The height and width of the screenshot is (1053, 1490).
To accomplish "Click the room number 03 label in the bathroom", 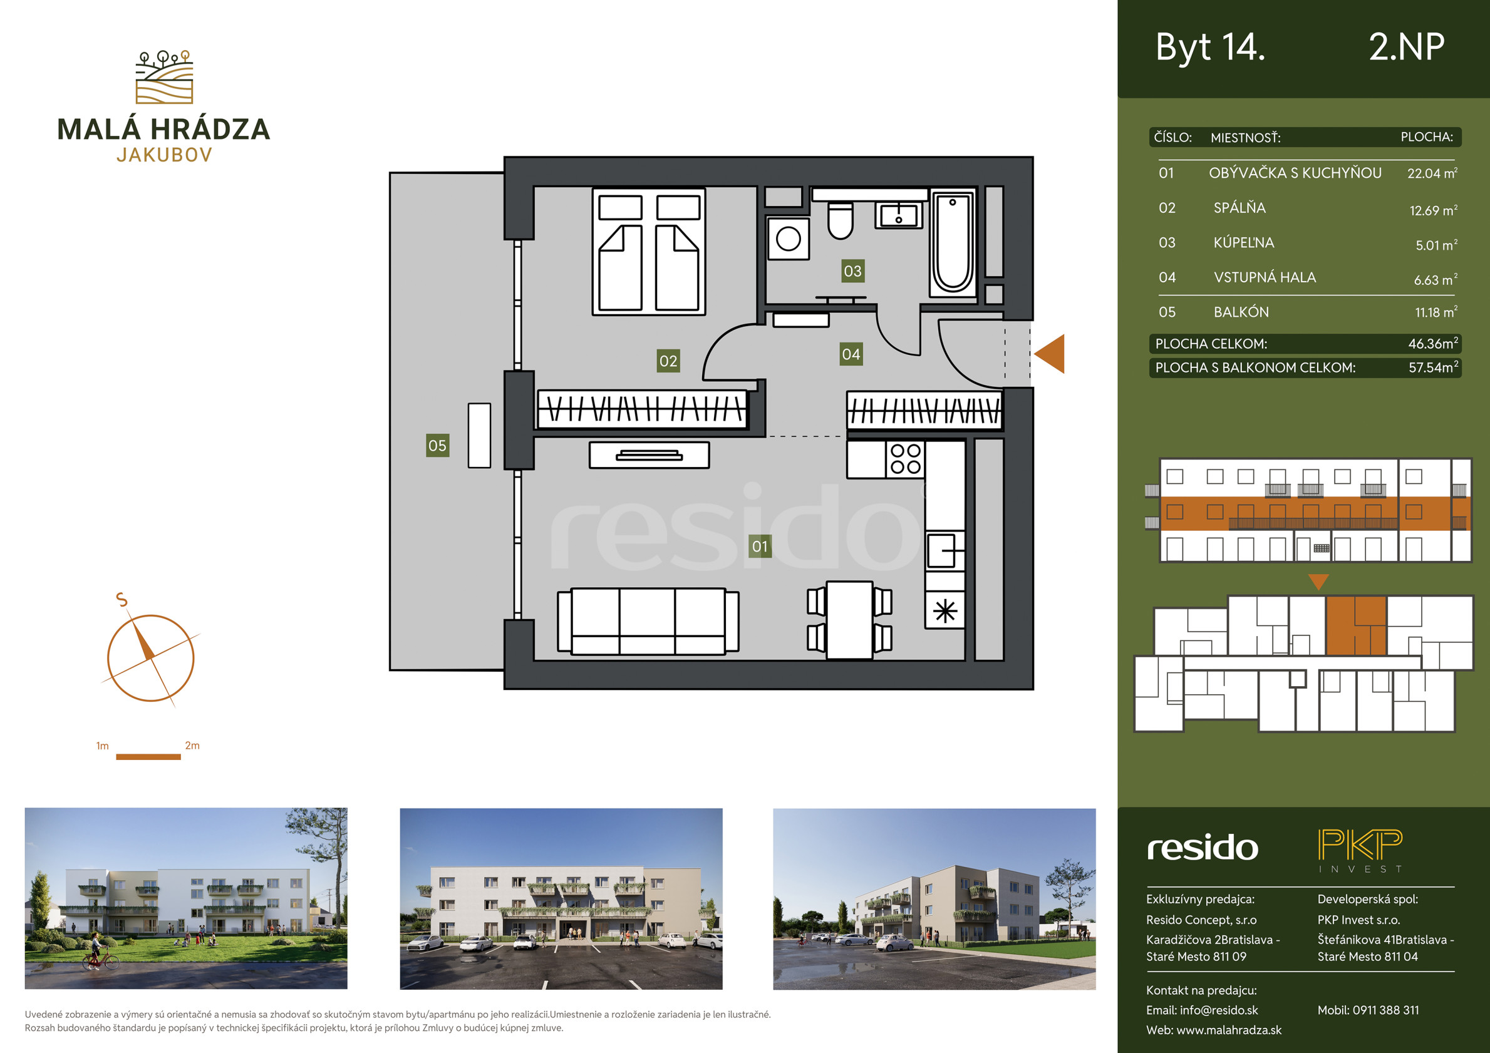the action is [852, 270].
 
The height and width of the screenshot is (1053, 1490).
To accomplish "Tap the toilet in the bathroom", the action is [841, 220].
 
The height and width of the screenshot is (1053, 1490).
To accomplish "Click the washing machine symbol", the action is [788, 238].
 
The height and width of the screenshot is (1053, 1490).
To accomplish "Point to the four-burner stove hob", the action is [905, 459].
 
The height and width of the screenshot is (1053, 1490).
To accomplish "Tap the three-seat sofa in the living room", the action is [648, 621].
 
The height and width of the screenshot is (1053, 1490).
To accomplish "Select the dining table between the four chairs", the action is [849, 620].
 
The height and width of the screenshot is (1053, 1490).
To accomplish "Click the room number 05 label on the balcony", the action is [437, 445].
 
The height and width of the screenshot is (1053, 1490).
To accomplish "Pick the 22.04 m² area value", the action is [1432, 173].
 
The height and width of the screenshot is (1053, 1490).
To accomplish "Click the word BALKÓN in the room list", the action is [1241, 312].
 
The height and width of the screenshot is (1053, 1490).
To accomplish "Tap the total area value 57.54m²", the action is [1433, 367].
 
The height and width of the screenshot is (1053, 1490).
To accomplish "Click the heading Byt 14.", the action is [1210, 48].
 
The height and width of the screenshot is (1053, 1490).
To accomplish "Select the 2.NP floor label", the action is [1406, 47].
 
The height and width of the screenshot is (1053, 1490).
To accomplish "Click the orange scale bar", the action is [148, 756].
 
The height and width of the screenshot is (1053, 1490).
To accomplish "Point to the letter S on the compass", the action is [122, 600].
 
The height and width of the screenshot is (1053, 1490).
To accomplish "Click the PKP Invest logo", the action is [1360, 851].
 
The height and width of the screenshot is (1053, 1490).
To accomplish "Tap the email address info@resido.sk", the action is [1219, 1010].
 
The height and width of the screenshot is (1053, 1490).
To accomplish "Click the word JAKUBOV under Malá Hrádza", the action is [164, 155].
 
